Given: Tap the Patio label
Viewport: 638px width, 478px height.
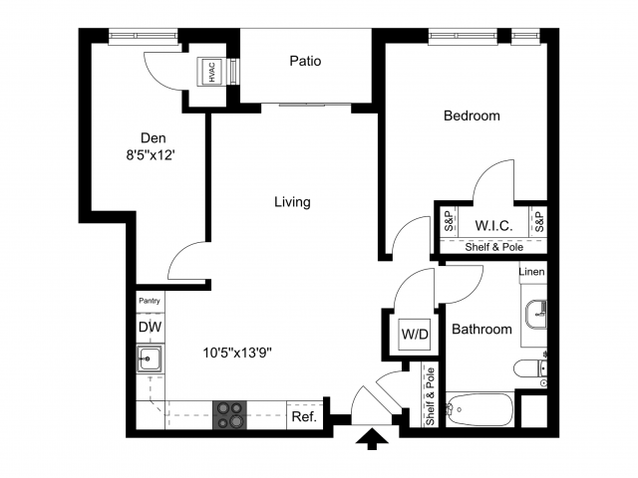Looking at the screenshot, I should [305, 61].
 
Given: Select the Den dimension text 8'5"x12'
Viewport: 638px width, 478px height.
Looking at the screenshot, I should [153, 155].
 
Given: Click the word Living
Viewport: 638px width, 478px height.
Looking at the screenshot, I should [293, 202].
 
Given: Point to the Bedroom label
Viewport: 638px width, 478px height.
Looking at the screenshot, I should [472, 116].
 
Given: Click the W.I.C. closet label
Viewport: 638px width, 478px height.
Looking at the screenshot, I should [493, 226].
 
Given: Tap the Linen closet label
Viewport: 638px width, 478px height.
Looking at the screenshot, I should [532, 272].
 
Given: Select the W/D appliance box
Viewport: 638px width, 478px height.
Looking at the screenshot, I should [414, 334].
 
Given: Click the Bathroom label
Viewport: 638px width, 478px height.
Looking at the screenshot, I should [482, 330].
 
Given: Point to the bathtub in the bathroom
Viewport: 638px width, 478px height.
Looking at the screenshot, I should [478, 408].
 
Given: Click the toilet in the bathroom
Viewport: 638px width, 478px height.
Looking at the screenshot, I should [528, 369].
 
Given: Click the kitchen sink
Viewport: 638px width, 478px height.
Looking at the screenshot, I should [152, 358].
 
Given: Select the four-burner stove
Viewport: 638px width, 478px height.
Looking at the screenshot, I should [229, 414].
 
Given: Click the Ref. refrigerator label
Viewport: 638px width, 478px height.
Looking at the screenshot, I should [303, 417].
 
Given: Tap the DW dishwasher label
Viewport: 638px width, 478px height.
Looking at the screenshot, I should [150, 327].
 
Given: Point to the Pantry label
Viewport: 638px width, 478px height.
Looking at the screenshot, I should [150, 300].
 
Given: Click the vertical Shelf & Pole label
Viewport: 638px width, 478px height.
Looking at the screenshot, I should [431, 396].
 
